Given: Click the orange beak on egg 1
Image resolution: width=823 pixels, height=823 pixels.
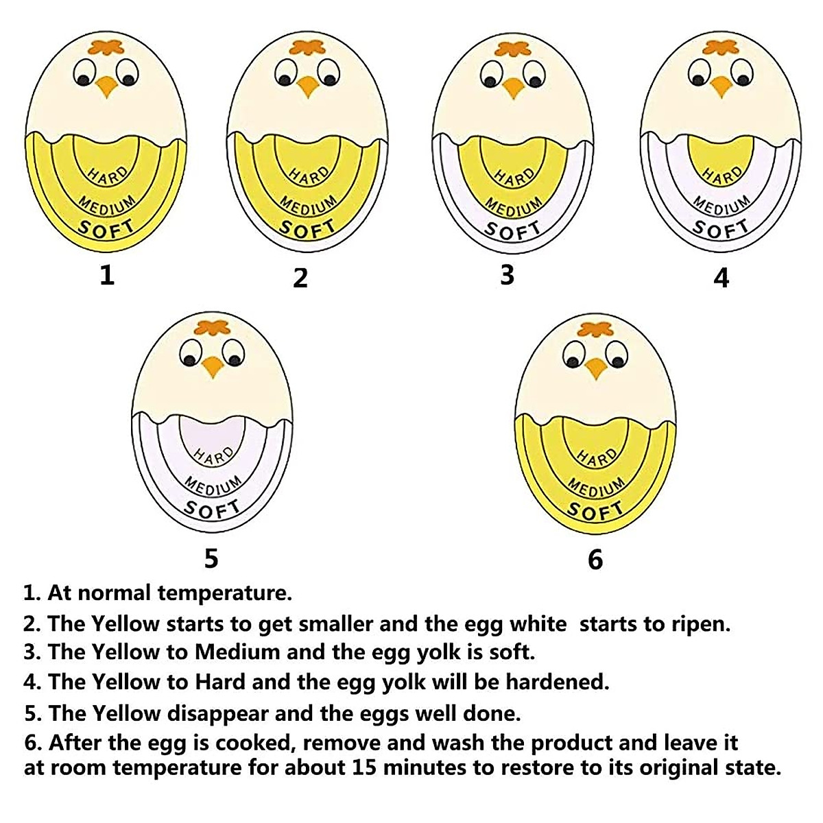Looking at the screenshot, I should coord(107,86).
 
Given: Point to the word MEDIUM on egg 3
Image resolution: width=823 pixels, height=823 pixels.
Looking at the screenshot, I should coord(514,204).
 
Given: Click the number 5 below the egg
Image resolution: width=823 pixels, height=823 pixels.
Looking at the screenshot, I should coord(211,558).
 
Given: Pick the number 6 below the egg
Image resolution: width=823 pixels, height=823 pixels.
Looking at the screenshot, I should coord(595,560).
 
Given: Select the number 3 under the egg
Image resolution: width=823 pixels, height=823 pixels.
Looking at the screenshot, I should coord(507,274).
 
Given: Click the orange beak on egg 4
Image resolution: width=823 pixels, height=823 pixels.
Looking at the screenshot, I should coord(721,86).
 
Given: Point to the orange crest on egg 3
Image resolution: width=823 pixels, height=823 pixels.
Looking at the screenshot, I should coord(513,50).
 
